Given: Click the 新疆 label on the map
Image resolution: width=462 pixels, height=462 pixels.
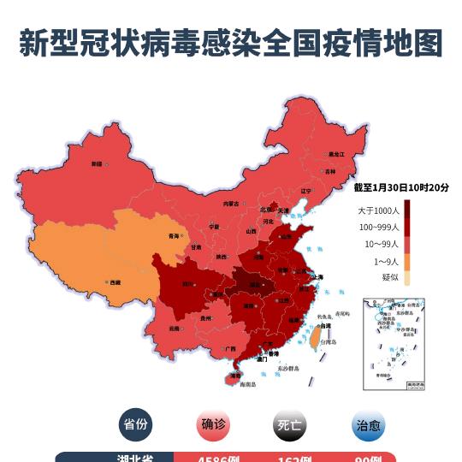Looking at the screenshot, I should click(x=97, y=163).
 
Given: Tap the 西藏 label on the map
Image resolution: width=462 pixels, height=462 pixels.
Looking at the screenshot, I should click(x=113, y=281).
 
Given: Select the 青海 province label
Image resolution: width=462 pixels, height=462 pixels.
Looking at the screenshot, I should click(x=175, y=235).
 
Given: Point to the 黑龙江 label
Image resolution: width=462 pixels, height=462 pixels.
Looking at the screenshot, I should click(x=336, y=154).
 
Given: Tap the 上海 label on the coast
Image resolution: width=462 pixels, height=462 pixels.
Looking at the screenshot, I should click(x=317, y=277).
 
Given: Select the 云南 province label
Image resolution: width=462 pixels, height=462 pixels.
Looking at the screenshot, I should click(x=175, y=328).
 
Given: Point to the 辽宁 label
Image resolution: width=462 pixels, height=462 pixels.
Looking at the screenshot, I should click(x=305, y=191).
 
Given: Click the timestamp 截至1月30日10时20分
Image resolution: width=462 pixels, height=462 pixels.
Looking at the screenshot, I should click(x=401, y=187).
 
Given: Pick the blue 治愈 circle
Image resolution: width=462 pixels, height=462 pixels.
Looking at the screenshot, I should click(x=367, y=424).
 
